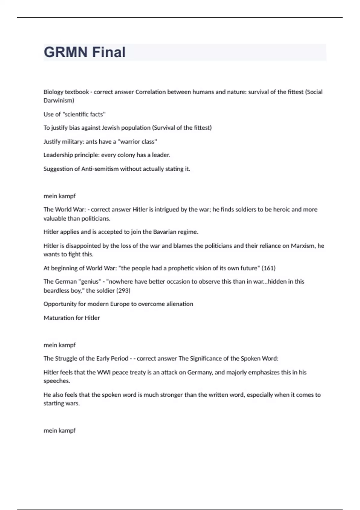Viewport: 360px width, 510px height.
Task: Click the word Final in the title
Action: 109,52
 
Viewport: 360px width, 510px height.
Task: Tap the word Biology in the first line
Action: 53,92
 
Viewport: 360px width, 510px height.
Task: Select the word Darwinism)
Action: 59,100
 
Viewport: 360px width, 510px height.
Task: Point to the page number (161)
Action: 268,268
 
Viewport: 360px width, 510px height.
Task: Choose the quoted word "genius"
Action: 89,282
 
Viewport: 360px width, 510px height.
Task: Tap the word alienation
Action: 180,304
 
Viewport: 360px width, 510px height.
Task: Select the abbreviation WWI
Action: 104,373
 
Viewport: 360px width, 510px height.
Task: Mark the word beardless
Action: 56,290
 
